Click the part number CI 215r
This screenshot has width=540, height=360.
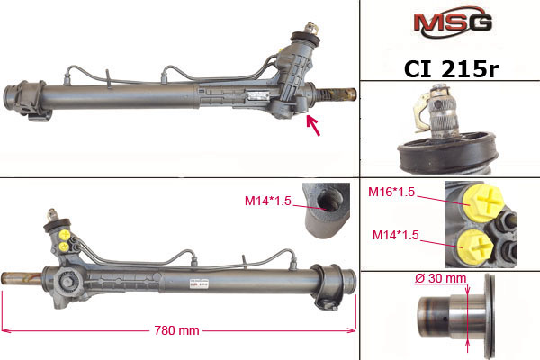click(451, 69)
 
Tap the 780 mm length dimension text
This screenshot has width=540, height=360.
click(176, 330)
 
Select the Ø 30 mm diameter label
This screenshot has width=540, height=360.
click(440, 278)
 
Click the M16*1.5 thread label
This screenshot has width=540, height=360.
click(391, 192)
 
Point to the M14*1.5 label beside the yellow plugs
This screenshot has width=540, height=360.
click(396, 235)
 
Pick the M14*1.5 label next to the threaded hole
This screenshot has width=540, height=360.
click(268, 201)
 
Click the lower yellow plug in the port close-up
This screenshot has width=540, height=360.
click(474, 247)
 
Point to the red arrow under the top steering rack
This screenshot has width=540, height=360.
click(313, 125)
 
